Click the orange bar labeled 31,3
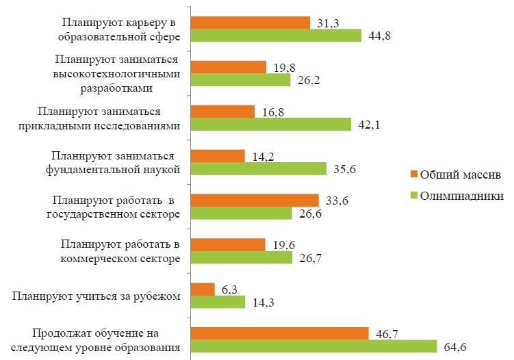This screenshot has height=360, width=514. point(250,23)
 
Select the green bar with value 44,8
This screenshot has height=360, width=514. point(275,36)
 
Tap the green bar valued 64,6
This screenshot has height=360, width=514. point(313,346)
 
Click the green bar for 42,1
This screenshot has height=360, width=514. point(270,125)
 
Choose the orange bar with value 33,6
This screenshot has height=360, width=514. point(254,200)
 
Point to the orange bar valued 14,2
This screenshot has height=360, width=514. point(217,155)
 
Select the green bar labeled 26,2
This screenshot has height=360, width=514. point(240,80)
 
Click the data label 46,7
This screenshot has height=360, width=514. point(387,334)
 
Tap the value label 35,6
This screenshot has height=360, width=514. point(344,169)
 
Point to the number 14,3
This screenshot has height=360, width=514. point(263,303)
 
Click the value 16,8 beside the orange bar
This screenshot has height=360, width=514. point(272,112)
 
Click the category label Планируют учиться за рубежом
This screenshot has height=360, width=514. point(97,296)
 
